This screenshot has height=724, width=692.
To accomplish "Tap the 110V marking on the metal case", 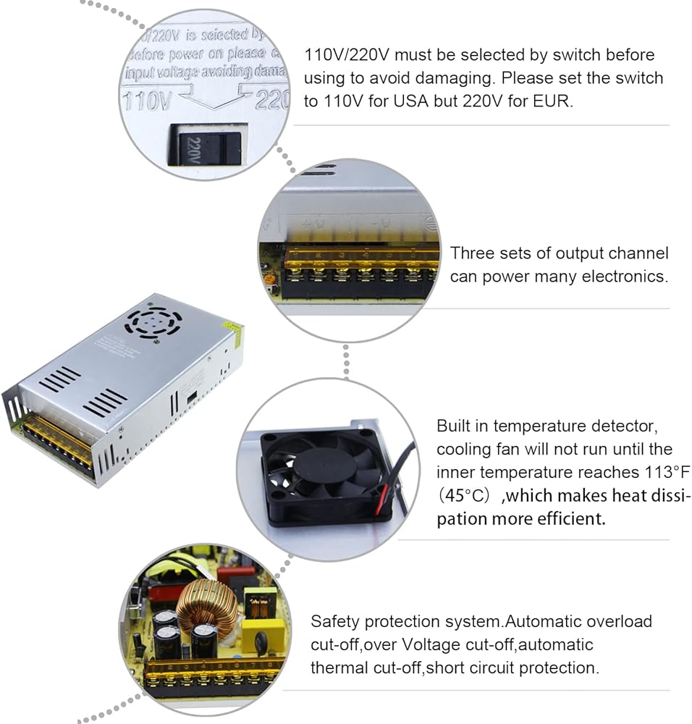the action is pos(148,100).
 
